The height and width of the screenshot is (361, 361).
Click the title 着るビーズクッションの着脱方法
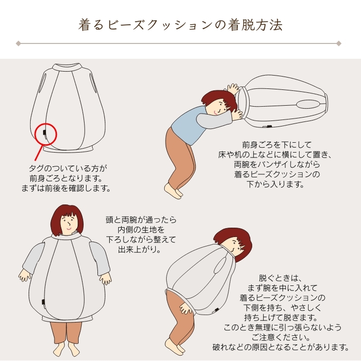click(180, 25)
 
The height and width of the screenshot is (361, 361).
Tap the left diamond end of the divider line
click(18, 43)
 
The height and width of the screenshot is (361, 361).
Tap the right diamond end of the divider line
click(339, 43)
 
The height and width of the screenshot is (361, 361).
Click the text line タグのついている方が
click(68, 168)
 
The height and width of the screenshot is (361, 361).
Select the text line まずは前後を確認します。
click(66, 188)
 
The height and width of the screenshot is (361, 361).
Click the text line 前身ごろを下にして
click(276, 145)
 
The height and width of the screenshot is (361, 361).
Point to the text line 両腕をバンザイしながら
click(277, 164)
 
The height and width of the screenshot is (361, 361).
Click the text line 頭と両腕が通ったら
click(141, 220)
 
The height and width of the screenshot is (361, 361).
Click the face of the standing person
click(68, 224)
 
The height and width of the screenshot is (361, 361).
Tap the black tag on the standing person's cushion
click(43, 302)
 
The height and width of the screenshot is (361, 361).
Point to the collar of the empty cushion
click(67, 67)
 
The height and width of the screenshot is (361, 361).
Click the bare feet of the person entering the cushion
click(173, 191)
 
